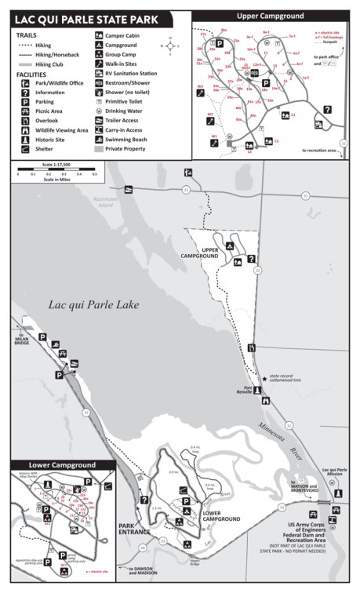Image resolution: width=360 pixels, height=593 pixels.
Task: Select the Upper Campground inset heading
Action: pyautogui.click(x=267, y=15)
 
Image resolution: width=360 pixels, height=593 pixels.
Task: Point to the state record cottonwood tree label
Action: pyautogui.click(x=298, y=379)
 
